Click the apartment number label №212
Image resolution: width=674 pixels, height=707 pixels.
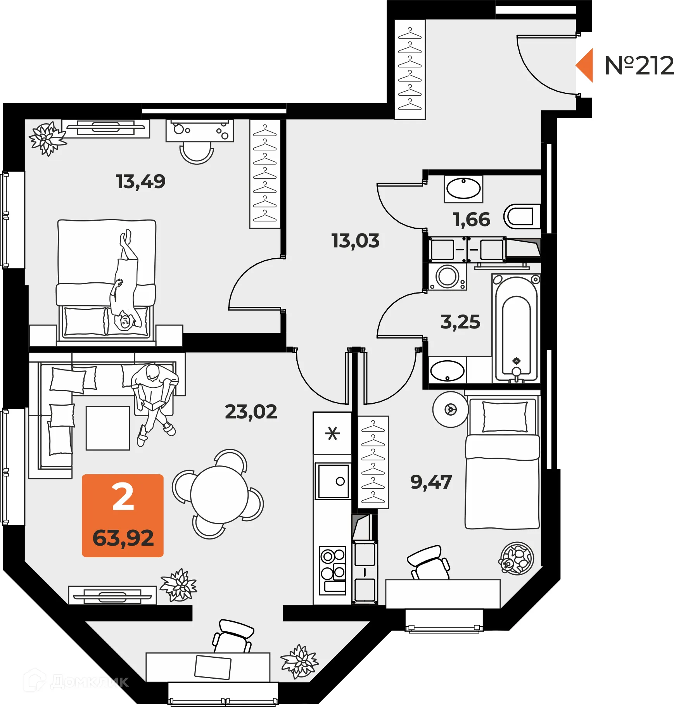[x=639, y=66]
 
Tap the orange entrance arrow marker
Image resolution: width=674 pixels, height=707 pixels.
[x=585, y=65]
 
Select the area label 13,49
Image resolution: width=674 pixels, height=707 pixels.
[x=140, y=182]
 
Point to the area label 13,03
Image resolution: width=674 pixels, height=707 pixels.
[x=355, y=241]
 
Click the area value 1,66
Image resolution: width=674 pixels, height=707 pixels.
[x=471, y=220]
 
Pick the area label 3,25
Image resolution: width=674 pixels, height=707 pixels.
[x=460, y=322]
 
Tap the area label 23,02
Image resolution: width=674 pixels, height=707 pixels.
[x=251, y=412]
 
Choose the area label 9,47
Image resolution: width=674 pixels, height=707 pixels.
[x=431, y=482]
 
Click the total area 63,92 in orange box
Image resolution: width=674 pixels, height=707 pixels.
[x=123, y=538]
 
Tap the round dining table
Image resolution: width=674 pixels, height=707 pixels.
[x=219, y=494]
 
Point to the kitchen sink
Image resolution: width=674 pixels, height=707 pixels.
[x=333, y=481]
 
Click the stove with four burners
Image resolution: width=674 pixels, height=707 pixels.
[x=332, y=570]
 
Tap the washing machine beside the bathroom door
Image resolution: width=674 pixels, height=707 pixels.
[x=447, y=277]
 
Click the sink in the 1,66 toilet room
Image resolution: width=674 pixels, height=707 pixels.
[x=463, y=189]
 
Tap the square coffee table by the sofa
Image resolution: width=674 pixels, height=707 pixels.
[x=108, y=428]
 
